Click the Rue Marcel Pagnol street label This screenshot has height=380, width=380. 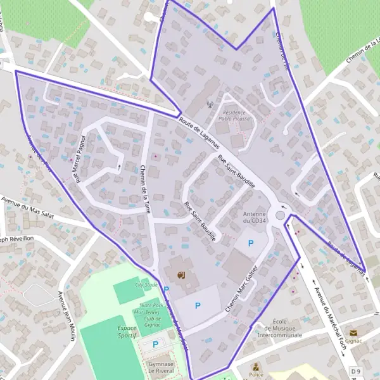(81, 159)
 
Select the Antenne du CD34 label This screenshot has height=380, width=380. (254, 217)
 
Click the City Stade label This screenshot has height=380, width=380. (146, 285)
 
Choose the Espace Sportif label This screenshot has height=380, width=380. (127, 332)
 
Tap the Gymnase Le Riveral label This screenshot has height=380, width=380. (161, 368)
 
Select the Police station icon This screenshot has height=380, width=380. (256, 367)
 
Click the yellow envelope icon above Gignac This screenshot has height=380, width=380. (353, 332)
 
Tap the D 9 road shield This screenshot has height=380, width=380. (355, 370)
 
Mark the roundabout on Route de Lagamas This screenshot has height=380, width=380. (281, 215)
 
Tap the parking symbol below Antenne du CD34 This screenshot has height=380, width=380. (250, 243)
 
